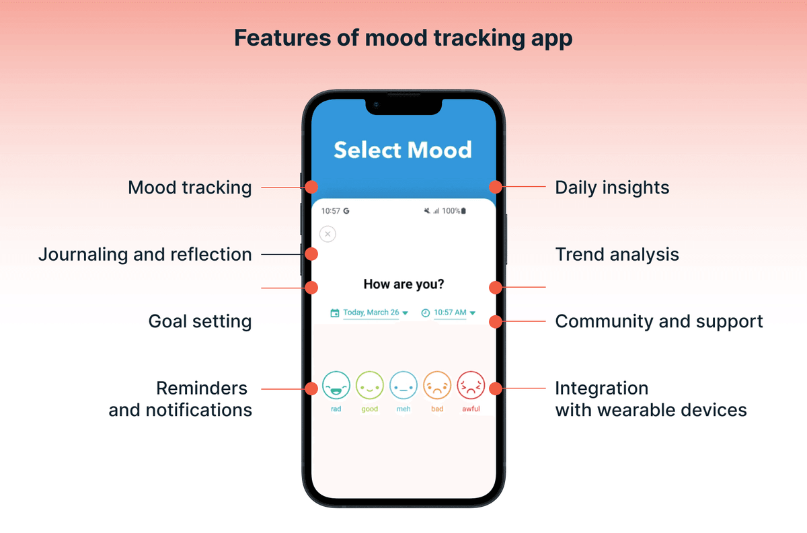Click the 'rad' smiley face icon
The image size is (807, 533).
[x=336, y=386]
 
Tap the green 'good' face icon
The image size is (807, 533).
[x=370, y=386]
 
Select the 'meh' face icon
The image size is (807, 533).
[x=403, y=386]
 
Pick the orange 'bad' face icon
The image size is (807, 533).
[x=437, y=386]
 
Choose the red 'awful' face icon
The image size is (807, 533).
[x=471, y=386]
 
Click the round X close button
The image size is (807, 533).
[x=328, y=234]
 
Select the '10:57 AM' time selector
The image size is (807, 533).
[x=449, y=313]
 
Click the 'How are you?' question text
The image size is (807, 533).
[x=403, y=284]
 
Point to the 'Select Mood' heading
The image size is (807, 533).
[x=403, y=150]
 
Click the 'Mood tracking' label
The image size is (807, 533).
[x=190, y=188]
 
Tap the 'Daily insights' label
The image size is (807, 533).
[x=612, y=188]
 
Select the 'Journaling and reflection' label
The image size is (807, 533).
[x=145, y=255]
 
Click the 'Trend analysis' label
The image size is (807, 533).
[x=617, y=255]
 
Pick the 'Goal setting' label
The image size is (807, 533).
[x=200, y=321]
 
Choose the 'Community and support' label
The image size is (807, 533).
[x=659, y=321]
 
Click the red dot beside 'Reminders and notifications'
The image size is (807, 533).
[x=311, y=388]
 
